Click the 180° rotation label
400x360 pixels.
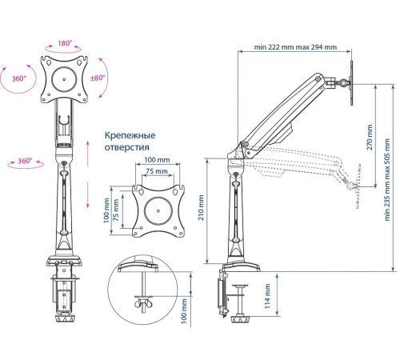(65, 43)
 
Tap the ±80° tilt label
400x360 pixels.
(98, 78)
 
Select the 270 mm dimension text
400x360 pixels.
(370, 137)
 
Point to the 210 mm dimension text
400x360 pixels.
(201, 208)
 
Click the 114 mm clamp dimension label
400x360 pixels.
(267, 296)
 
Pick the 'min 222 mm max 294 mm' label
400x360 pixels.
(295, 47)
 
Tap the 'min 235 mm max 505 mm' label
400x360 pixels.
(387, 179)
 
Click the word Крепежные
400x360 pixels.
(130, 135)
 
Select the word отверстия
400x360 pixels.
(126, 147)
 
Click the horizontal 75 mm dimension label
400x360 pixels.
(157, 171)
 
